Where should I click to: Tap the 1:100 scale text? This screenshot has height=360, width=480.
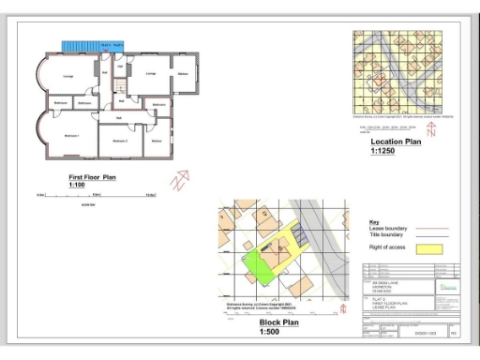click(77, 184)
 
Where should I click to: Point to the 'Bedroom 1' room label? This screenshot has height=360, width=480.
click(70, 137)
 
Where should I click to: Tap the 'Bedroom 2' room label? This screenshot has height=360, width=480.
click(119, 141)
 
